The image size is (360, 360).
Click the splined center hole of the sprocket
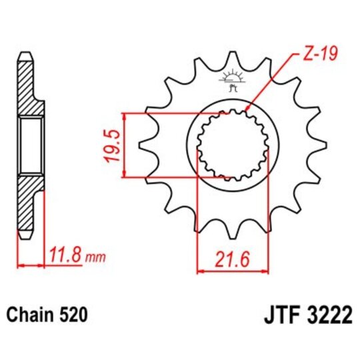point(234,145)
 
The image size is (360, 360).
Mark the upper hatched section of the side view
point(25,87)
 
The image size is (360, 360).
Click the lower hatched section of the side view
point(25,203)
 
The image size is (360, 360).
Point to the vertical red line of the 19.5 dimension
point(124,145)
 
